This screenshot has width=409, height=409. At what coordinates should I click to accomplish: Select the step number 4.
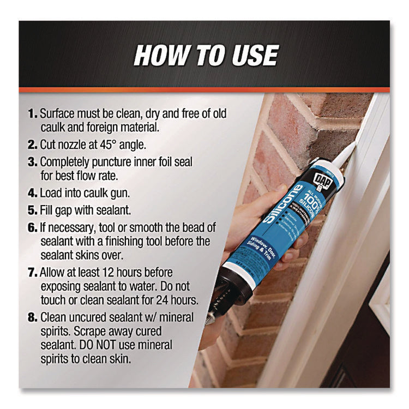32,193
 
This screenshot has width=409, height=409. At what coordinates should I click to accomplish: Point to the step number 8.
32,317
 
